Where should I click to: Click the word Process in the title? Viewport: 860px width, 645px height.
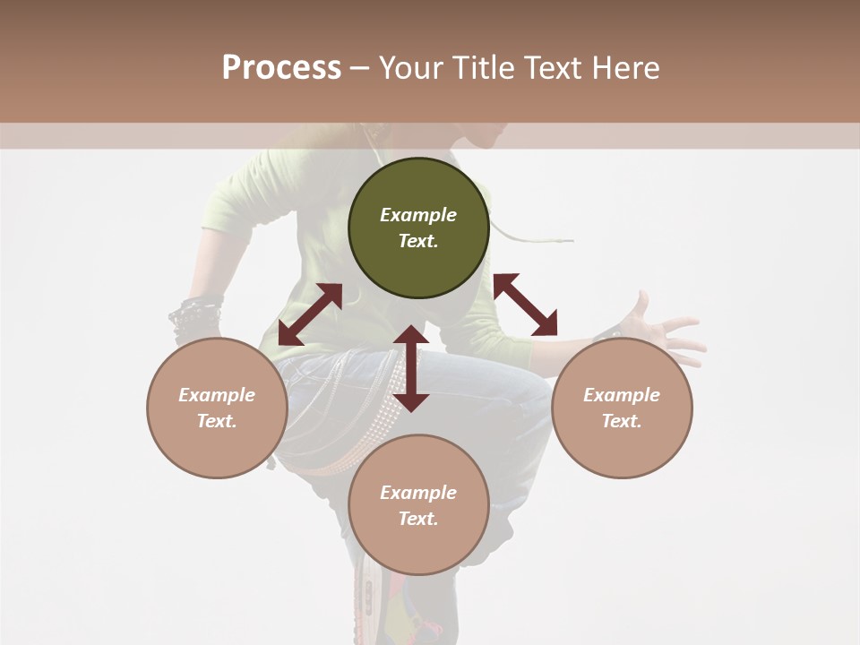[281, 68]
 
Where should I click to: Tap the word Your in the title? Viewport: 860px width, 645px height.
[412, 68]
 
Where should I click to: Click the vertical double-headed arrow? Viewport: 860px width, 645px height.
[411, 368]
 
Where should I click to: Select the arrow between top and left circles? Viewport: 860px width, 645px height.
[310, 314]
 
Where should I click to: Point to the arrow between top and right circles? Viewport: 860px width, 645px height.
[525, 305]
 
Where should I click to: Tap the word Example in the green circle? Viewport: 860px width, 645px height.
[418, 215]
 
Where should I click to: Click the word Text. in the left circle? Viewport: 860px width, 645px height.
[217, 421]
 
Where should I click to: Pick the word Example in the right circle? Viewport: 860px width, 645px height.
[622, 395]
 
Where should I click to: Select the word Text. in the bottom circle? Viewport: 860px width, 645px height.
[418, 519]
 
